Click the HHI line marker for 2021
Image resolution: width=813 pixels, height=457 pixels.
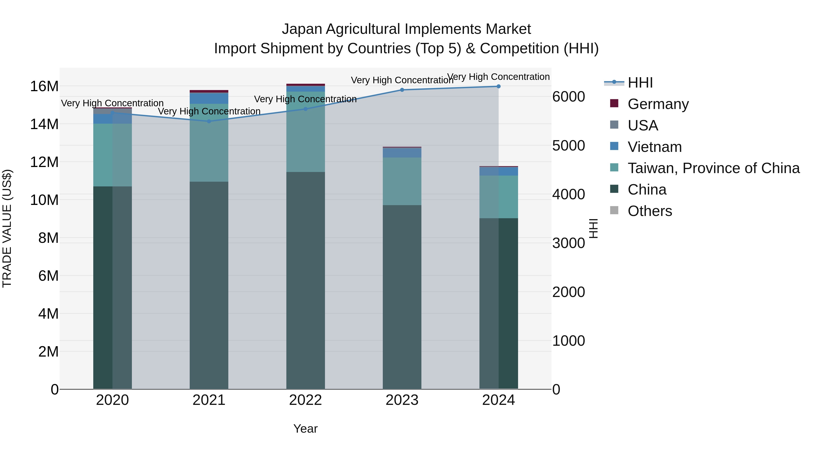209,121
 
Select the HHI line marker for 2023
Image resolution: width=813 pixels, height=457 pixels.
402,90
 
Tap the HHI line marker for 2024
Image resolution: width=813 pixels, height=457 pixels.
499,86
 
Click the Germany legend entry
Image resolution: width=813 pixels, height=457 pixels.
658,104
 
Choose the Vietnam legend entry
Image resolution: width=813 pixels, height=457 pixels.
654,147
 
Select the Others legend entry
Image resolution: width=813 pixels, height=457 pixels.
650,211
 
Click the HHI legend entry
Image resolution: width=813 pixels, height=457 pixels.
640,83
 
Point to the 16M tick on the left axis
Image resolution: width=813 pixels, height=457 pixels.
44,86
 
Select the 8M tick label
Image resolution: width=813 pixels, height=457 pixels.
48,238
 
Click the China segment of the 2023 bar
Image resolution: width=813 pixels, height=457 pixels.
402,297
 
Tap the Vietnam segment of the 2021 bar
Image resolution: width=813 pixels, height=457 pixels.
209,98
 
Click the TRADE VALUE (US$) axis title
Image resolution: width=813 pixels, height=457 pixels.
7,228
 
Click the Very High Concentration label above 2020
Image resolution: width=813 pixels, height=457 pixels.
112,103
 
